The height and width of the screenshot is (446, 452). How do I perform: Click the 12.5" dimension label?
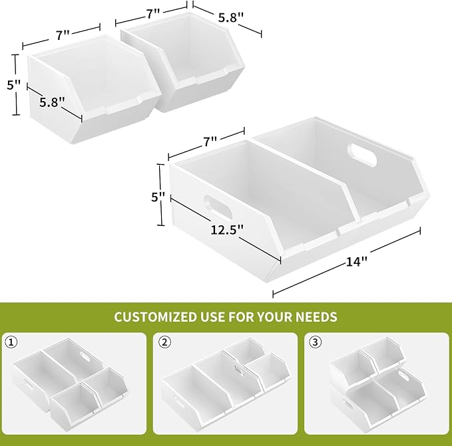point(227,229)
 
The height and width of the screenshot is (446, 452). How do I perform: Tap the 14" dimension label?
point(357,262)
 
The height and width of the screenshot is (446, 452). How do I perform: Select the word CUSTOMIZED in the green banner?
point(154,317)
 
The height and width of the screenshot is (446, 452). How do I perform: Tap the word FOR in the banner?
point(241,317)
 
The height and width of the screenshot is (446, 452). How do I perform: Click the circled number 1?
point(11,342)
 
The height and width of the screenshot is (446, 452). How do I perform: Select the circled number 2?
point(165,342)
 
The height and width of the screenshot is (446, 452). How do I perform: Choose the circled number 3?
point(316,342)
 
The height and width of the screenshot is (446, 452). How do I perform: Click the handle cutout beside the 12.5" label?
point(218,207)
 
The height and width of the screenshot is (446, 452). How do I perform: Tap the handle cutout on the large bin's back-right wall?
point(362,155)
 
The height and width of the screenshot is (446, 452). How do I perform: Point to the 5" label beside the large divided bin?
point(158,197)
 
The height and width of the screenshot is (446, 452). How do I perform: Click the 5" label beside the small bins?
point(13,85)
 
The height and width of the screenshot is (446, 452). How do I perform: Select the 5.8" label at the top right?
point(231,18)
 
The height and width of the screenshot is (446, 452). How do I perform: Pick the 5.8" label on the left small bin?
point(52,102)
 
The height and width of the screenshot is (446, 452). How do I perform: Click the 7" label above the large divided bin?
point(210,141)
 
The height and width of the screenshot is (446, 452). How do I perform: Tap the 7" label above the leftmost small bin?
point(63,35)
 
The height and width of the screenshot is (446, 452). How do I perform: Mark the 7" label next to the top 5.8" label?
point(152,13)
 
